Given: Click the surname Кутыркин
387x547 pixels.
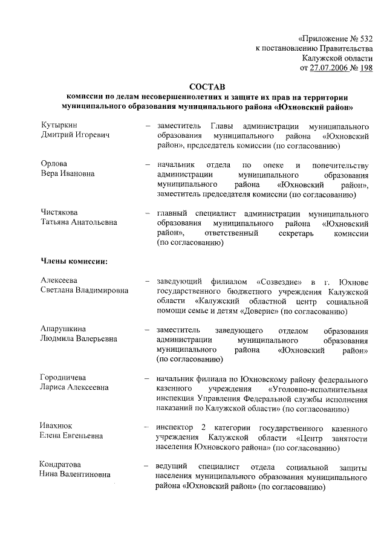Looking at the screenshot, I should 58,125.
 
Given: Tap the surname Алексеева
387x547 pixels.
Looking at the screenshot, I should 59,281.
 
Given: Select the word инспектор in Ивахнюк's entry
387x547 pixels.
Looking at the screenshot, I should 174,427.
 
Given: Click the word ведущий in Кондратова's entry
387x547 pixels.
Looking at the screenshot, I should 171,466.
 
